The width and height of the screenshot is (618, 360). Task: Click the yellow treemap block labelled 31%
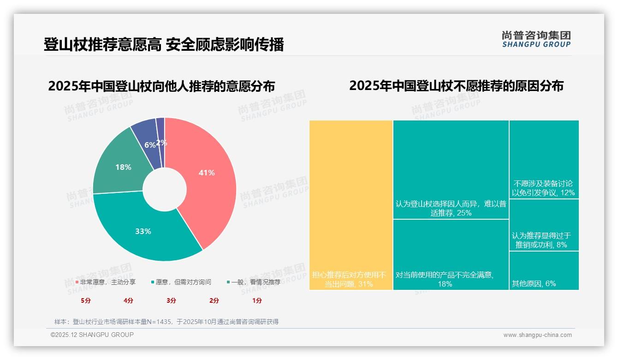coord(351,205)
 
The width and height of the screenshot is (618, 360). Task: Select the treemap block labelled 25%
coord(451,169)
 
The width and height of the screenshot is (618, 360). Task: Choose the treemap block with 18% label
coord(451,254)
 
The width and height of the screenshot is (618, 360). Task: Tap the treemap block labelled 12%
coord(544,159)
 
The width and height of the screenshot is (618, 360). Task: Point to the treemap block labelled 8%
coord(544,225)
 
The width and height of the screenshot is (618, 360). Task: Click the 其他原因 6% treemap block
coord(544,270)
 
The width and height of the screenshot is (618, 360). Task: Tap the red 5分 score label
coord(85,300)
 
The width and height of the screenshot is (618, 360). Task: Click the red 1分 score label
coord(257,300)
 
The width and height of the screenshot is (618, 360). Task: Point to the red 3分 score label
coord(171,300)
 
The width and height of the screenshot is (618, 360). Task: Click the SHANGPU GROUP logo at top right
coord(536,39)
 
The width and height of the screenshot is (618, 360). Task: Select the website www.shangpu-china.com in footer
coord(537,335)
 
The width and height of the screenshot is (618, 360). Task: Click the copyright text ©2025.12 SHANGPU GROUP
coord(92,335)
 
